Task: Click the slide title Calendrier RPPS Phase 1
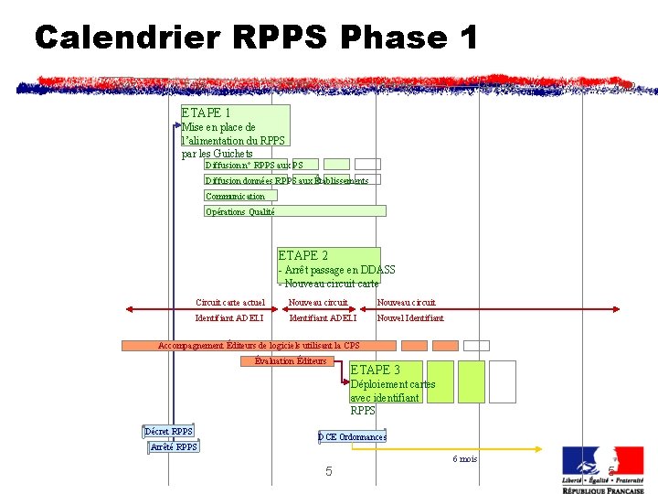point(256,38)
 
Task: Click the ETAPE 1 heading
point(206,113)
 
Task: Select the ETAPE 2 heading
point(302,255)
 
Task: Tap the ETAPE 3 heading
point(375,370)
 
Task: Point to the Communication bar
point(236,196)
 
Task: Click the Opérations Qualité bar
point(294,210)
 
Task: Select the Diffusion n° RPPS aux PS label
point(254,165)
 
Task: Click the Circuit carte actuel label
point(230,302)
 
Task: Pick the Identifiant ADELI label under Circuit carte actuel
point(229,318)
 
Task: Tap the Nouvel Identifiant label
point(410,318)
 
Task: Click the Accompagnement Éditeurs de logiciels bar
point(259,346)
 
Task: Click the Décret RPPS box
point(169,432)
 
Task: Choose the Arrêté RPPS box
point(174,446)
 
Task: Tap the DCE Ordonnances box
point(352,437)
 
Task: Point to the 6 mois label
point(464,458)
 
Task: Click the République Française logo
point(602,469)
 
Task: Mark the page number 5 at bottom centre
point(329,471)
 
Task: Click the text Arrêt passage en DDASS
point(339,270)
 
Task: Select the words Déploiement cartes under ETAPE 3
point(393,384)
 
